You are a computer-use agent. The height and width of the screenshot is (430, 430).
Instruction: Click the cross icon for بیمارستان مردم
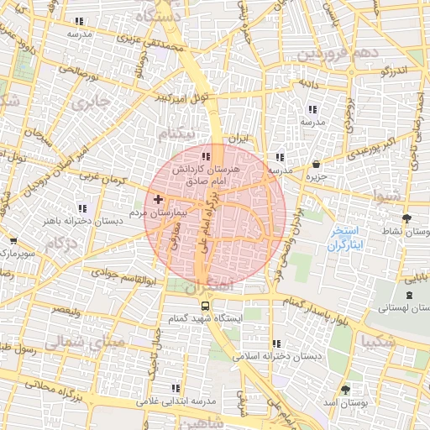point(159,199)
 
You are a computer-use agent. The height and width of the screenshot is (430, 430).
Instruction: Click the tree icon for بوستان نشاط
point(407,217)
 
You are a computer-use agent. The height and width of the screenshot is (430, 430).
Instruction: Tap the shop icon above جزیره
point(315,164)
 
